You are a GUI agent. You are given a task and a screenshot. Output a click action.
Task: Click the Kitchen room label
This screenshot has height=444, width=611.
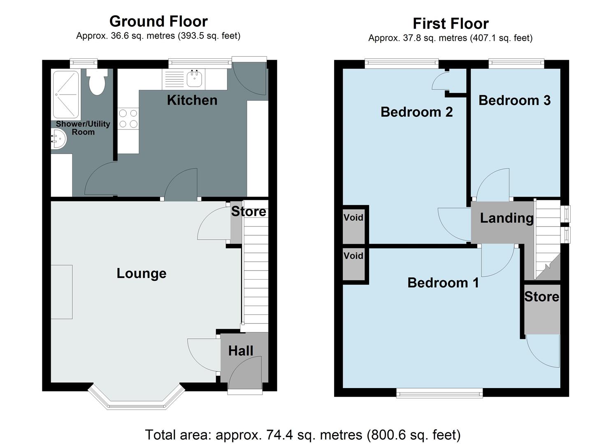coord(192,100)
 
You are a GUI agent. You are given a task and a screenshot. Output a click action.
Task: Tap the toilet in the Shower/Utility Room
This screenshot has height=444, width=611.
coord(97,82)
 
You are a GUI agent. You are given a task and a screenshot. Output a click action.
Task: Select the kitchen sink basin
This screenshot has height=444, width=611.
coord(195,78)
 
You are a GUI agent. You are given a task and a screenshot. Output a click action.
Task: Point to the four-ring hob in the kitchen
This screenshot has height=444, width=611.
coord(128,118)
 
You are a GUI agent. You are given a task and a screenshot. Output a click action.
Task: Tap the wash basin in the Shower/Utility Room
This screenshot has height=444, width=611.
coord(58,139)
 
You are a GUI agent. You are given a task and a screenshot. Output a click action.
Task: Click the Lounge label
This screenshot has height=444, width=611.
coord(141,273)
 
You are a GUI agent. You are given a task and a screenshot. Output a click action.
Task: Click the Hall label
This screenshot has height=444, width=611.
coord(241,351)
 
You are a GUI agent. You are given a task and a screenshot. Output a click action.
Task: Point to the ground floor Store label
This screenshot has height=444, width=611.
coord(249,211)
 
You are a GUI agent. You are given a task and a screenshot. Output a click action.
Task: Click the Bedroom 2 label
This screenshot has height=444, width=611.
coord(416,112)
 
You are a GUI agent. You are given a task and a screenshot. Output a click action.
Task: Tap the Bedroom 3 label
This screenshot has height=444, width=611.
coord(514,100)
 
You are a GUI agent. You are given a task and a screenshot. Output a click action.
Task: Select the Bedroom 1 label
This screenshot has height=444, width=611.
coord(443,283)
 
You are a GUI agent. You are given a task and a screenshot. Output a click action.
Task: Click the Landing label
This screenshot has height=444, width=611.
coord(506,218)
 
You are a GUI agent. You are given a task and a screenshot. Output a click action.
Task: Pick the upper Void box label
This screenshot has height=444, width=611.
coord(353,217)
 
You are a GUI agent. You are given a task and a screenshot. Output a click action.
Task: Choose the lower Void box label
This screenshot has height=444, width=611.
coord(353,256)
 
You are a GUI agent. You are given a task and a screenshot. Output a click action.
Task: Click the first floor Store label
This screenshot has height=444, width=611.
coord(541,297)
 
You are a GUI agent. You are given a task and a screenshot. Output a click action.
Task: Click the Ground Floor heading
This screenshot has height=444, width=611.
coord(158,21)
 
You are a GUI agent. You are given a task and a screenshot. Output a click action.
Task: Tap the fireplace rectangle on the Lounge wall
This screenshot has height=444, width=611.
coord(62,292)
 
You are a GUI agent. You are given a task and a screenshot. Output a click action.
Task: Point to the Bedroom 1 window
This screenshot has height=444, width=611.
coord(439,393)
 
